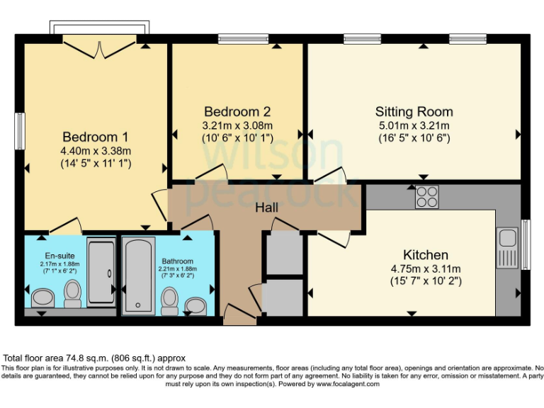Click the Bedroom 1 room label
pyautogui.click(x=96, y=137)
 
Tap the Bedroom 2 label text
pyautogui.click(x=237, y=112)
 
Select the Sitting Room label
pyautogui.click(x=414, y=112)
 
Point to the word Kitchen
pyautogui.click(x=425, y=254)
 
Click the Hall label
pyautogui.click(x=267, y=208)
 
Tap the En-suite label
pyautogui.click(x=54, y=256)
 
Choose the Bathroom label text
pyautogui.click(x=177, y=261)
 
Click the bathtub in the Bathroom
pyautogui.click(x=138, y=276)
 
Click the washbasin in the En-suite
pyautogui.click(x=41, y=296)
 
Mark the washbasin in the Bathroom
pyautogui.click(x=195, y=305)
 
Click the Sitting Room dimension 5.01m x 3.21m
pyautogui.click(x=414, y=125)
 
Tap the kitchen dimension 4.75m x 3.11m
pyautogui.click(x=425, y=268)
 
